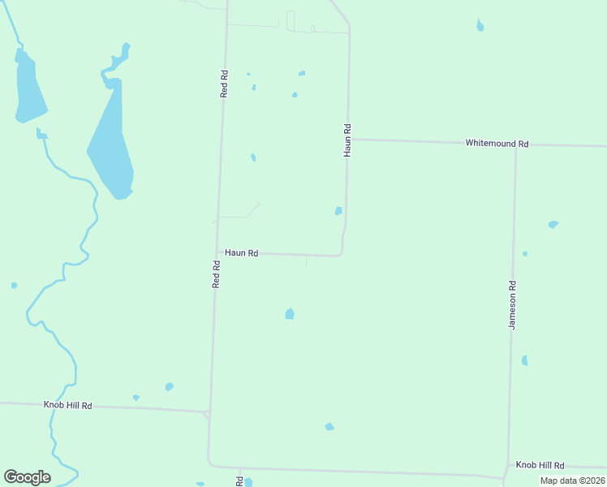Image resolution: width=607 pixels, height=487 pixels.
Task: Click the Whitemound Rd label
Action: click(497, 144)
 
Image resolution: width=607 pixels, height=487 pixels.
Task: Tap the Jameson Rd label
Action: click(512, 305)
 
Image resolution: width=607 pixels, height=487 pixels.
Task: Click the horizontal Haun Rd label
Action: click(241, 253)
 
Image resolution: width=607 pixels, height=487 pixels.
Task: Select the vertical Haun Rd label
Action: click(347, 140)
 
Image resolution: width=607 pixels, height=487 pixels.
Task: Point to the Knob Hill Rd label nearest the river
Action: click(67, 405)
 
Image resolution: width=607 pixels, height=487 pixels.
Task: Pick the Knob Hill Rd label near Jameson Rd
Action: click(540, 465)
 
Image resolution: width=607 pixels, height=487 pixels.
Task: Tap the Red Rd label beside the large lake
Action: click(224, 84)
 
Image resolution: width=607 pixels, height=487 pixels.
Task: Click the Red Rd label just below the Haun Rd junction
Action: click(217, 274)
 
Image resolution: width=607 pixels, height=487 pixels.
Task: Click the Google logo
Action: click(27, 477)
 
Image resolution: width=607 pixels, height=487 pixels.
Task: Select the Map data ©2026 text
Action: click(572, 481)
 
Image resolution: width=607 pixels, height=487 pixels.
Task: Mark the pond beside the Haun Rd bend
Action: click(338, 211)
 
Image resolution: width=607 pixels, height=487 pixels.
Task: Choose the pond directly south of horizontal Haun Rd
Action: click(290, 313)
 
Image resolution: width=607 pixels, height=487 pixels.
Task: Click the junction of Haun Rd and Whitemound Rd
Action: click(349, 140)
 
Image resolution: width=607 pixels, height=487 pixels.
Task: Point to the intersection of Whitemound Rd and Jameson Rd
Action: click(515, 145)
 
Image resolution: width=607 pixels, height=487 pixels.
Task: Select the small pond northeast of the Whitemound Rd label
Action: click(480, 25)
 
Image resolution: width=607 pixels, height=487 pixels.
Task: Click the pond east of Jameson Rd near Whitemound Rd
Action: click(553, 224)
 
